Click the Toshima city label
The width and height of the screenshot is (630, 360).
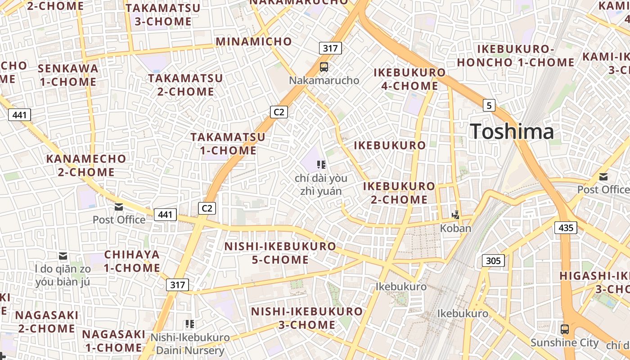tap(512, 131)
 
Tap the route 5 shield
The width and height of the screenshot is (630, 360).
tap(489, 106)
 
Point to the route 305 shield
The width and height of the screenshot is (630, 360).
tap(493, 261)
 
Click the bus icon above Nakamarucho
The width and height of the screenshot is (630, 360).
tap(324, 67)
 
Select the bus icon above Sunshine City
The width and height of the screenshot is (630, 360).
tap(565, 329)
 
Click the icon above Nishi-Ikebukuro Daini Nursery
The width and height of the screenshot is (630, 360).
tap(190, 324)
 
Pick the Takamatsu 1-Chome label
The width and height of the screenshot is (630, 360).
tap(228, 144)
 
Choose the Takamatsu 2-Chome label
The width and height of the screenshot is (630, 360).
tap(185, 85)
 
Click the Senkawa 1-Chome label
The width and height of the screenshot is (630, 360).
tap(67, 75)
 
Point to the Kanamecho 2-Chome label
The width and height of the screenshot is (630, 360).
tap(86, 165)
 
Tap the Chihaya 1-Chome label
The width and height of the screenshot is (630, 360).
tap(132, 261)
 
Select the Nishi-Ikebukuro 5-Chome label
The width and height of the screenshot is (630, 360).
tap(280, 253)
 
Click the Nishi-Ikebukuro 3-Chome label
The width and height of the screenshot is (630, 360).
tap(306, 318)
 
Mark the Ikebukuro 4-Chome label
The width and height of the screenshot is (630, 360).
tap(409, 79)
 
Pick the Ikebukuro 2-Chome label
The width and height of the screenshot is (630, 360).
tap(399, 193)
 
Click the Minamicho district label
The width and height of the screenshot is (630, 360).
tap(254, 41)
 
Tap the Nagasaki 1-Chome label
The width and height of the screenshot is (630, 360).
tap(113, 341)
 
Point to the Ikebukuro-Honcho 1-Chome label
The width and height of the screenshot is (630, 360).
tap(516, 56)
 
